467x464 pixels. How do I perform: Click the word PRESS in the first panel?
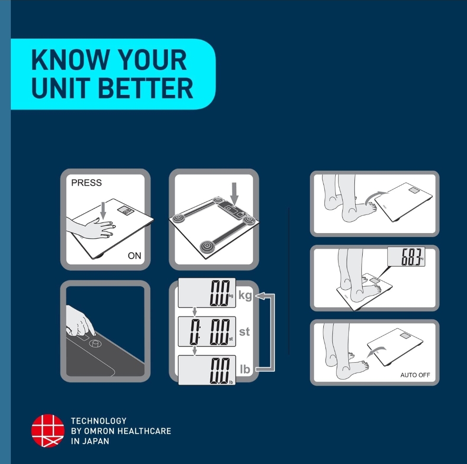[x=87, y=182]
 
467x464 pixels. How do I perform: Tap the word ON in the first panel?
[x=134, y=256]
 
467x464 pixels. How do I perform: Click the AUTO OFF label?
[x=415, y=375]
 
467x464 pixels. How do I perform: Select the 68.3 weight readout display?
[x=406, y=256]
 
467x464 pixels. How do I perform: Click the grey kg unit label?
[x=245, y=295]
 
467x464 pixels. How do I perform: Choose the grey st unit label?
[x=244, y=331]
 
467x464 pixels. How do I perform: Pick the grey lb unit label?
[x=245, y=369]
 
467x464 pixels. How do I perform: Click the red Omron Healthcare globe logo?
[x=48, y=431]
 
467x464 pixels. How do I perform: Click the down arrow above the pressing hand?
[x=103, y=210]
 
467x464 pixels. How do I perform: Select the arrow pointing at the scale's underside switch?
[x=235, y=194]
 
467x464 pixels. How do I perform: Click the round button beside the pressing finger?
[x=95, y=344]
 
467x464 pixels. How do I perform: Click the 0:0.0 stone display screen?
[x=207, y=331]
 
